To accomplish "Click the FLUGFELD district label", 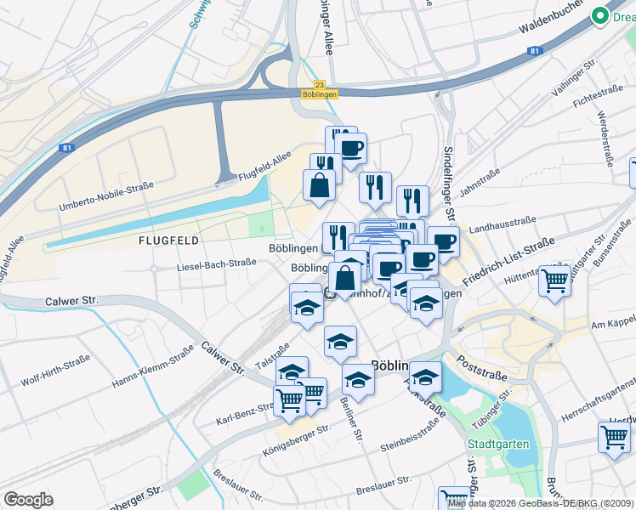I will (168, 241).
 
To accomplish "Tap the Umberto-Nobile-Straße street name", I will (99, 195).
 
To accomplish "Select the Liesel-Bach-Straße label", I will (216, 263).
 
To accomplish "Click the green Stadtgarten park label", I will (498, 444).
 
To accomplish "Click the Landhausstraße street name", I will (502, 224).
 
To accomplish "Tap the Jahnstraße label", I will (479, 181).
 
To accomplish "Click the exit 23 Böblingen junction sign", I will (320, 89).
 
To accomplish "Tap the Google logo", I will (28, 499).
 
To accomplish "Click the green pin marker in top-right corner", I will (600, 14).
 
